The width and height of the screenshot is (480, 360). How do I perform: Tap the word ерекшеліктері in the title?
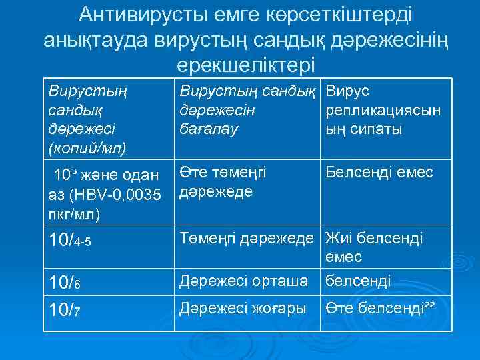click(x=245, y=65)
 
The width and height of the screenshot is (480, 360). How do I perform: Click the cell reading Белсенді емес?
click(x=379, y=173)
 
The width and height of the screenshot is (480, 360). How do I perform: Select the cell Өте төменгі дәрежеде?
click(x=223, y=182)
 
